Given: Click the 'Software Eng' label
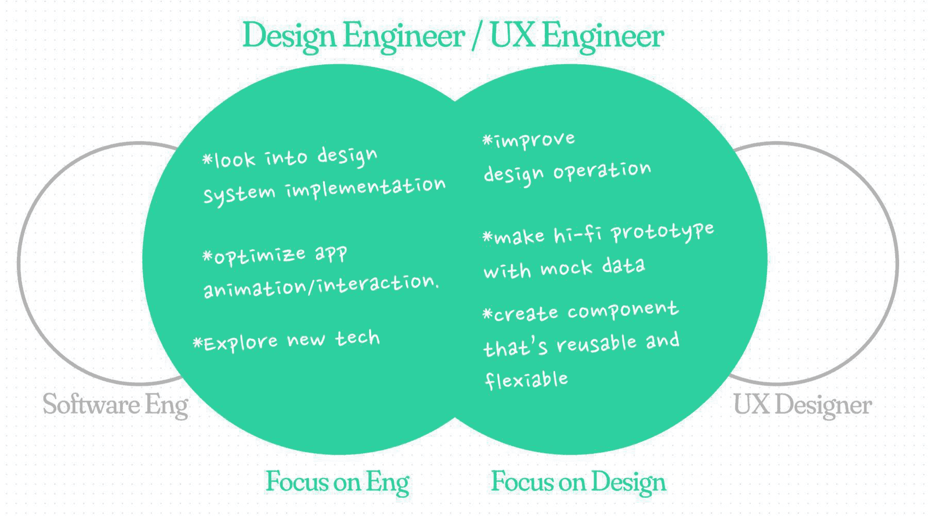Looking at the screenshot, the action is coord(115,405).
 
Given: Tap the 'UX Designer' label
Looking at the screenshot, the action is coord(802,405).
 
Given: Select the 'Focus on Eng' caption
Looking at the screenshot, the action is coord(337,482).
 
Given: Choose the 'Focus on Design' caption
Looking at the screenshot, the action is coord(578,482).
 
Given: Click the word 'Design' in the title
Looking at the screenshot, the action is coord(289,36).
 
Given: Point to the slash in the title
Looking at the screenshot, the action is coord(478,36).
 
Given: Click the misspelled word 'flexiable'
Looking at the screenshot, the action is coord(526,380).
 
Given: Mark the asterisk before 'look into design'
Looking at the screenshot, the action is coord(207,159).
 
